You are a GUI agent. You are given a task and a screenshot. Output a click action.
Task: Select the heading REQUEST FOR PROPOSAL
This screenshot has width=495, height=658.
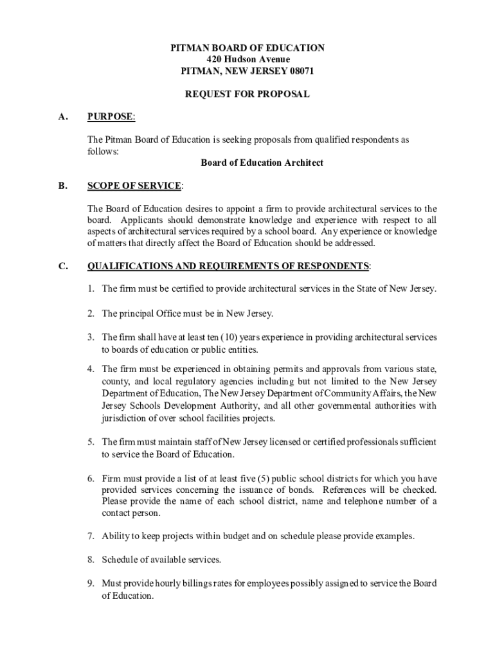coord(248,94)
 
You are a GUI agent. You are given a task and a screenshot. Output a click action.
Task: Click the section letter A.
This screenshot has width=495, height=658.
coord(62,117)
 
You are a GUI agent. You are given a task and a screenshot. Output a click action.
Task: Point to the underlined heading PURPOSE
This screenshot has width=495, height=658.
coord(111,117)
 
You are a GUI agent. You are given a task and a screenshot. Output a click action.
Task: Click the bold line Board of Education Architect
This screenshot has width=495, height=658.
coord(262,163)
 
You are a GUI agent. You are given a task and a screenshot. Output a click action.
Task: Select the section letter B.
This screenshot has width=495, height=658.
coord(62,186)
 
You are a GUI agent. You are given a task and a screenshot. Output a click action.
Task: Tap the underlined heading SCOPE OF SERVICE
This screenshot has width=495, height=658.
coord(134,186)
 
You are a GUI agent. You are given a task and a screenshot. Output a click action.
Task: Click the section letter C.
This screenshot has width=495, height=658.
coord(62,266)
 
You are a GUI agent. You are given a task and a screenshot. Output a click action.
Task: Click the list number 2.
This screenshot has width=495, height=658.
coord(91,314)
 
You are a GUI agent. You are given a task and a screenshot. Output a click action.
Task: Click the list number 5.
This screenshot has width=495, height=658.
coord(91,442)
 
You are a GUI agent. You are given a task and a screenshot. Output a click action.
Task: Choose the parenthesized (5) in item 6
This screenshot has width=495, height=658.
coord(264,479)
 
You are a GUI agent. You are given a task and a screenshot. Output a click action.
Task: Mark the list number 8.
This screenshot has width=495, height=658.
coord(91,560)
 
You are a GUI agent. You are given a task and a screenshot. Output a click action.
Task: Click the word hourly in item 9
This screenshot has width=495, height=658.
coord(167,583)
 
